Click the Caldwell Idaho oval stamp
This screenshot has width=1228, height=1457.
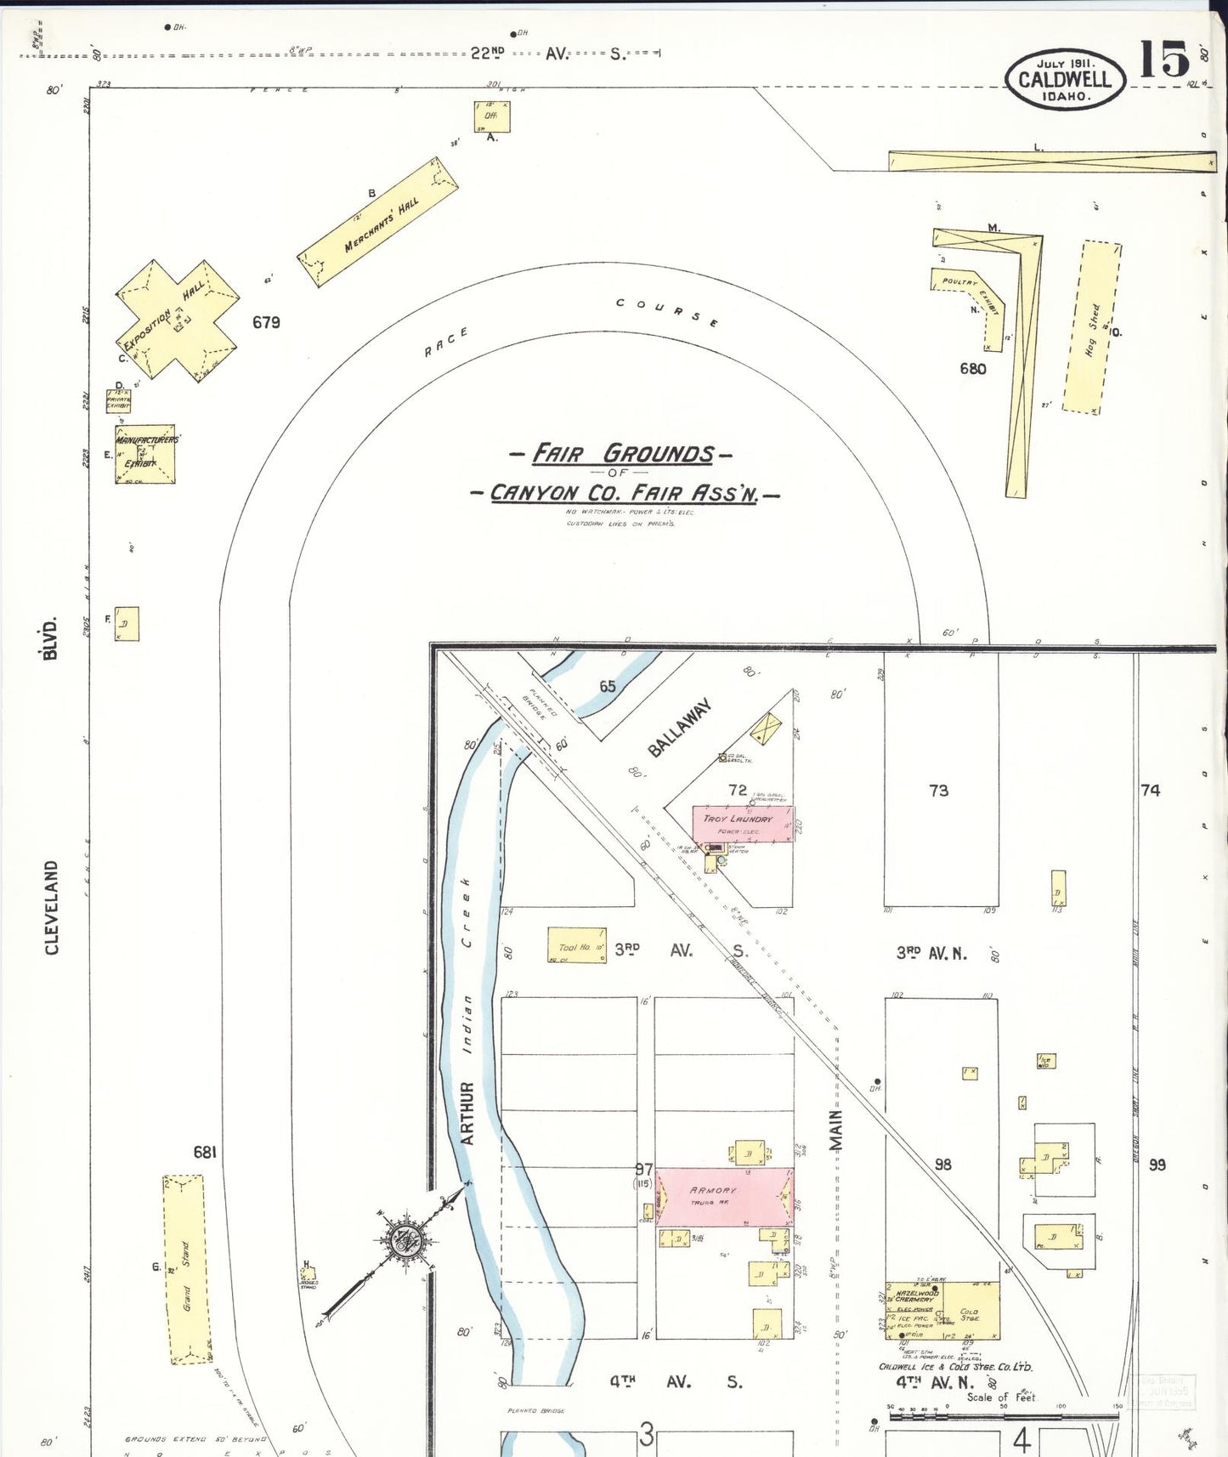[x=1065, y=78]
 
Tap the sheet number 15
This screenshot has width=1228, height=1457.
[x=1164, y=60]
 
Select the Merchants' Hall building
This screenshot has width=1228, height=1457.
[x=378, y=222]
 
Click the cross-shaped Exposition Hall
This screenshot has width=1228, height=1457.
[x=177, y=319]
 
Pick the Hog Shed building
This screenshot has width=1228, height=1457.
[x=1092, y=328]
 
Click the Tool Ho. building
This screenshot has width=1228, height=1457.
[x=577, y=945]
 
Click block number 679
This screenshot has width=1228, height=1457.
[x=266, y=322]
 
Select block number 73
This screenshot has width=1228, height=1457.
[x=938, y=791]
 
